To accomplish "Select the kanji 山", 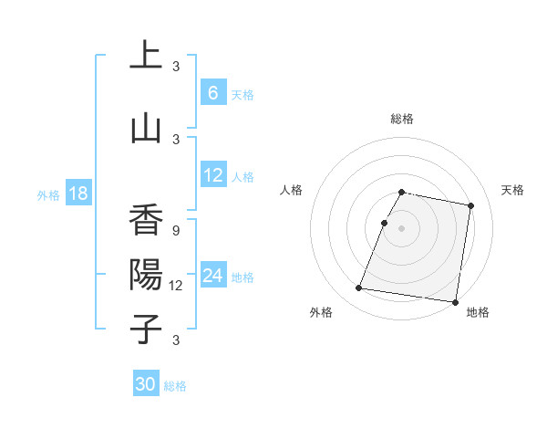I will click(146, 129).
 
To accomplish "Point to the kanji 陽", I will click(146, 274).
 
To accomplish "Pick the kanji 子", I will click(146, 329).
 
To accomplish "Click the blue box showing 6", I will click(213, 93).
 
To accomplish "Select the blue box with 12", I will click(213, 175).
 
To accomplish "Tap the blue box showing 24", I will click(213, 276).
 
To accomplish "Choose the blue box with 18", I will click(77, 194).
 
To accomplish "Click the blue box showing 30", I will click(146, 384).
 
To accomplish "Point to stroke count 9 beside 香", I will click(175, 231).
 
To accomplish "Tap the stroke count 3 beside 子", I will click(175, 340).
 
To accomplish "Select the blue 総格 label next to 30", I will click(175, 386).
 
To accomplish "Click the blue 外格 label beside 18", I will click(47, 194).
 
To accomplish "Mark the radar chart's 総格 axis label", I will click(402, 119).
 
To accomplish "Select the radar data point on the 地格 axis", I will click(455, 302).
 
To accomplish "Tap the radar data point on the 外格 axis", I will click(359, 288).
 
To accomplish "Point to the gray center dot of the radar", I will click(401, 228).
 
